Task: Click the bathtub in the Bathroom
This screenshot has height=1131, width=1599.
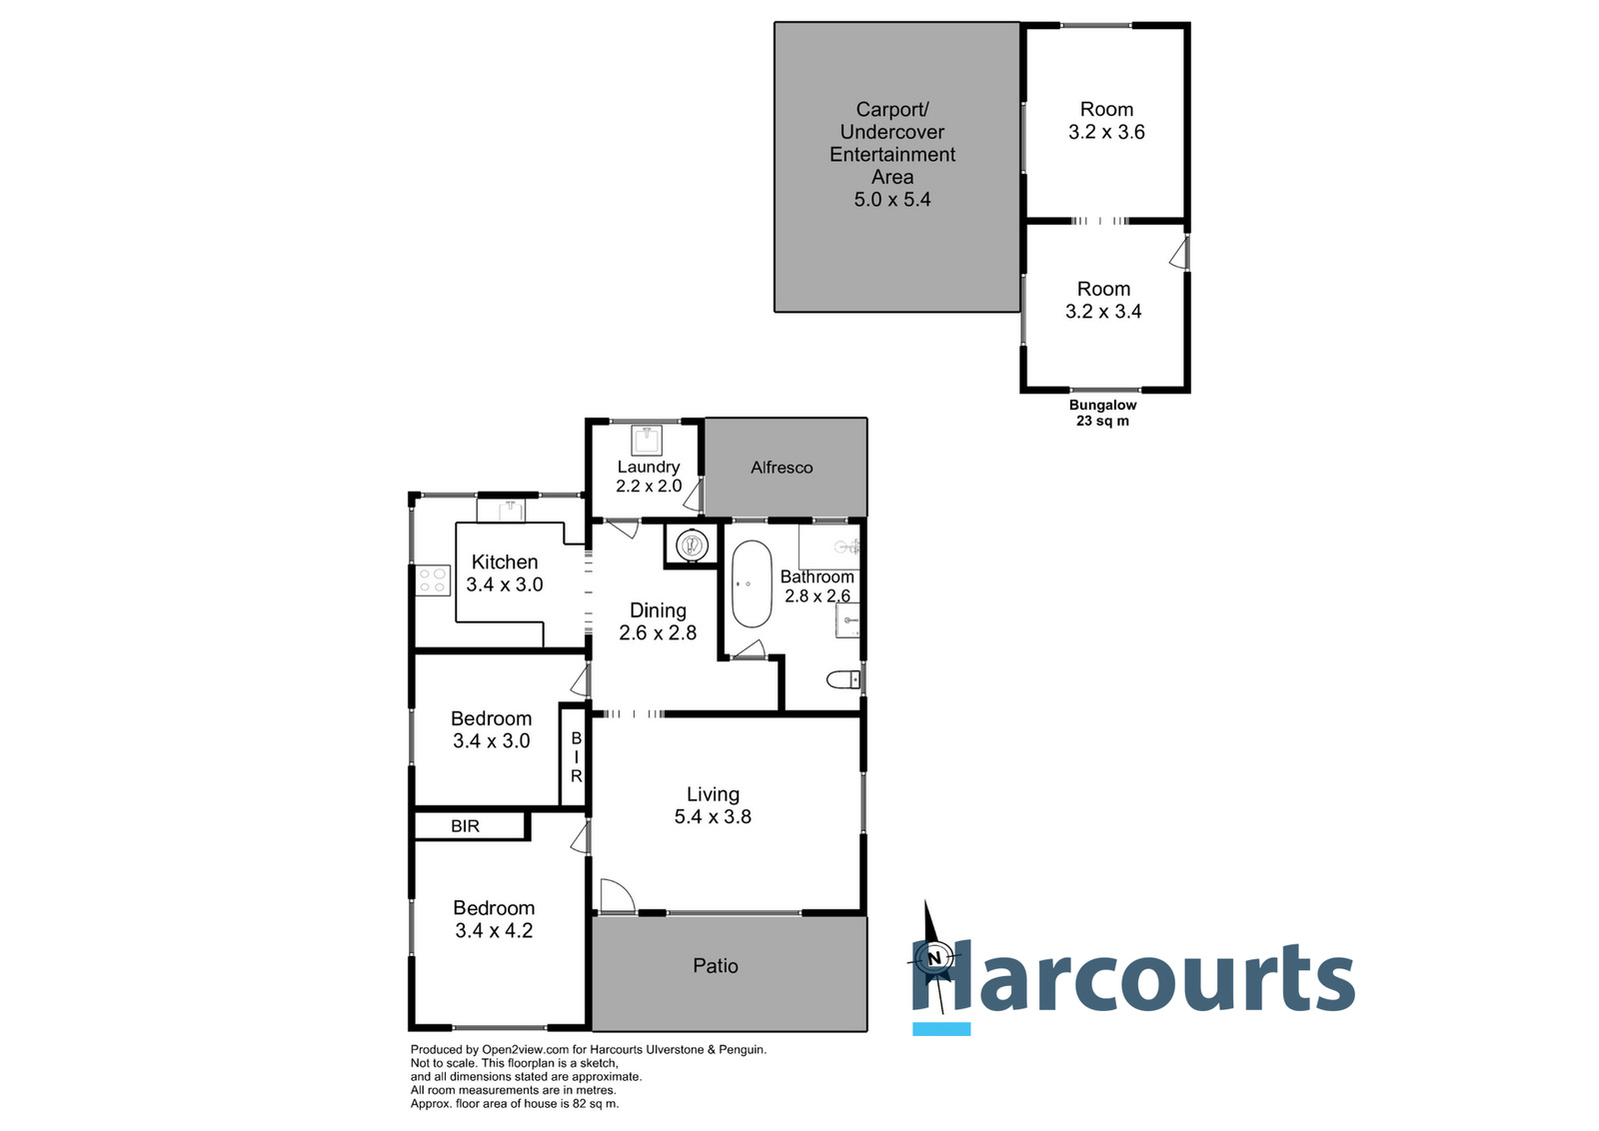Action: (x=752, y=584)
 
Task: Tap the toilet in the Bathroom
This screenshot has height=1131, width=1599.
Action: (x=844, y=680)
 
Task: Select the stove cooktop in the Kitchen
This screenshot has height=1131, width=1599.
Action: (x=433, y=580)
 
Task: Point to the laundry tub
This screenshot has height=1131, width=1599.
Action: (x=648, y=439)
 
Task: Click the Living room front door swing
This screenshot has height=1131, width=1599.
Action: (x=617, y=895)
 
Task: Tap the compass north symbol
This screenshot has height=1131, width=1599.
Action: (x=934, y=957)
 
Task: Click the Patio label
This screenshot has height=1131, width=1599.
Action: (x=716, y=966)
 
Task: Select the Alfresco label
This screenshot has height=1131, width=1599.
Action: (x=782, y=468)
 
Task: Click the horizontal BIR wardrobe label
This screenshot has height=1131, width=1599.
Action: (x=465, y=826)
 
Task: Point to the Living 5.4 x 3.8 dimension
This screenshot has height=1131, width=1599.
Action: (x=713, y=817)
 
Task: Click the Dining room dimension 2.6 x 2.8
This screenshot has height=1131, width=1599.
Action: (x=658, y=633)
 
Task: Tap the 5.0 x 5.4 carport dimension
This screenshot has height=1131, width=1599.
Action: (x=891, y=200)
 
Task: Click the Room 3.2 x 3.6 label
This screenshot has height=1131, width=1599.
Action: (x=1106, y=121)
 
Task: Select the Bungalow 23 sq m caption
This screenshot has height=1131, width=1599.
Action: (x=1102, y=413)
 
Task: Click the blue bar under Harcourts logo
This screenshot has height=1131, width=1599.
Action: (x=941, y=1029)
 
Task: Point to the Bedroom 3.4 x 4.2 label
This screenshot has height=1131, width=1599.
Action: (x=494, y=919)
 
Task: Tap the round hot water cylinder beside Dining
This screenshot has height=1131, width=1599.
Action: (x=692, y=546)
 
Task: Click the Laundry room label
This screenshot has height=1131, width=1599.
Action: (x=648, y=467)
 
